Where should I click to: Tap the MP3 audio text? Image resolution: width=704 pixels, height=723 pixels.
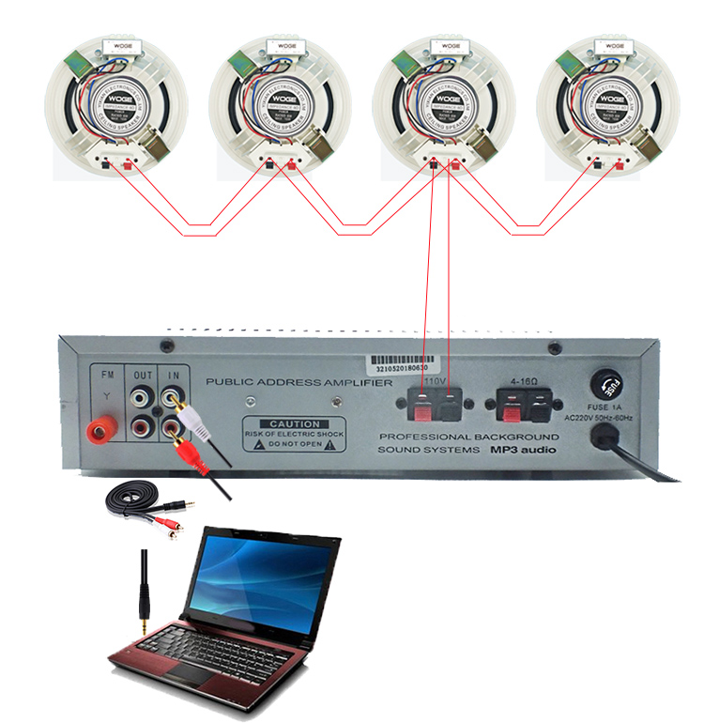(x=523, y=451)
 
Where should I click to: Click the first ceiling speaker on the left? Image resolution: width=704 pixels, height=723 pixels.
(x=116, y=103)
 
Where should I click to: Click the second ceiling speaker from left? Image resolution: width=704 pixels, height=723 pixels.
(x=280, y=103)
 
